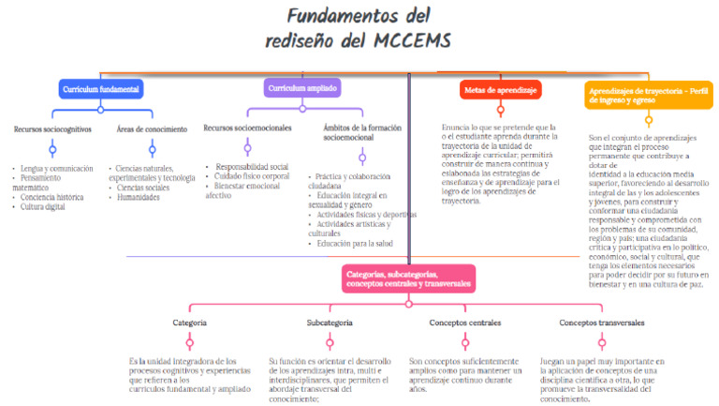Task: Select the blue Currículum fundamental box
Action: tap(101, 89)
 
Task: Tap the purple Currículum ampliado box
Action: tap(301, 88)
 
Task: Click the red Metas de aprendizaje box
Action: tap(501, 90)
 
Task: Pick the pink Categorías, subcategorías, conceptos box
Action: tap(408, 278)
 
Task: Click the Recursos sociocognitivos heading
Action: tap(52, 128)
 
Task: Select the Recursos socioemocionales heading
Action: tap(247, 128)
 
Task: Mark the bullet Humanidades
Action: tap(138, 197)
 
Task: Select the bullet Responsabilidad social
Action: tap(251, 166)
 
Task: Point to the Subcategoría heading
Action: tap(330, 323)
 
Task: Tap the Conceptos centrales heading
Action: tap(464, 323)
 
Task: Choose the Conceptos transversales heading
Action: tap(602, 323)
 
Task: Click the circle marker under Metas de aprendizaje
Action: tap(501, 111)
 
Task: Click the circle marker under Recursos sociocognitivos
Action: tap(52, 149)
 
